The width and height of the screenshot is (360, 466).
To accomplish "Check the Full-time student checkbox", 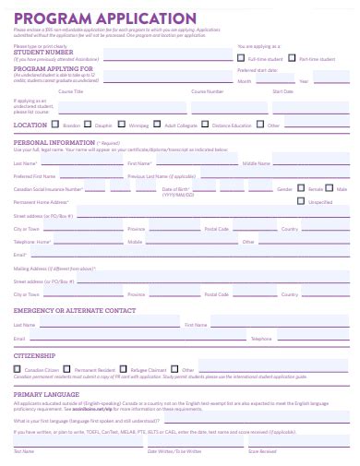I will click(x=241, y=58).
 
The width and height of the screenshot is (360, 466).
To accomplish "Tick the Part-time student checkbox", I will click(x=293, y=58).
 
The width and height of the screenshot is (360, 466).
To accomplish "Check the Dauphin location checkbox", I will click(x=89, y=124).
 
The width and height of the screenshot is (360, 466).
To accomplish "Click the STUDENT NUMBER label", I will click(x=43, y=53).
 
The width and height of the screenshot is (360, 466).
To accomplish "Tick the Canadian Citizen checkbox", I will click(x=18, y=369).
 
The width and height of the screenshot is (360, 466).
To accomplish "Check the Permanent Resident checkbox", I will click(x=69, y=369).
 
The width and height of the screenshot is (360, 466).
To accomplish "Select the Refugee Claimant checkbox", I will click(x=124, y=369).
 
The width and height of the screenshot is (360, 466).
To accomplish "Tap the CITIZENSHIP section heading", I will click(x=35, y=354).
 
